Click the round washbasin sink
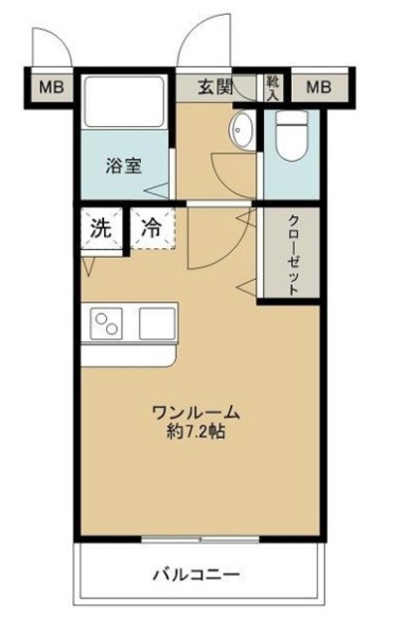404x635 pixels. pos(241,129)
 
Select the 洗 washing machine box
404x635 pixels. pos(100,226)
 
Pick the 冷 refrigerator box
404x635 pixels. pos(152,226)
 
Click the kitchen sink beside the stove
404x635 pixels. pos(157,322)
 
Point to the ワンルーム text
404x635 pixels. pos(197,412)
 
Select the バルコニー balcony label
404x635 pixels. pos(197,574)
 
